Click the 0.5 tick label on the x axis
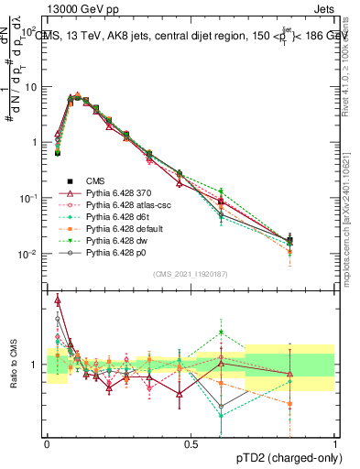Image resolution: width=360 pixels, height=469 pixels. pyautogui.click(x=191, y=443)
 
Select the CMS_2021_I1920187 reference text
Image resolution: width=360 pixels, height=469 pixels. pyautogui.click(x=191, y=273)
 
